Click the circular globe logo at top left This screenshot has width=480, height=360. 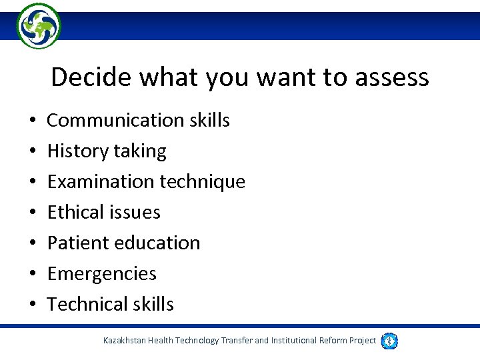(39, 26)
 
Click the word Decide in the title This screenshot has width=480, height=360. (91, 77)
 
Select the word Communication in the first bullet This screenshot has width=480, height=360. (111, 120)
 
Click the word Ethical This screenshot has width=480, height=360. (74, 212)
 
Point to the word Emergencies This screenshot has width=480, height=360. (101, 274)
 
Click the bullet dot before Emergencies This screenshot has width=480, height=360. (32, 274)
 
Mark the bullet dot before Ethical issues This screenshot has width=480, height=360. (32, 213)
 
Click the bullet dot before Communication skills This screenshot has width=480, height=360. (32, 121)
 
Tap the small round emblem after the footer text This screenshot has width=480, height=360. (390, 341)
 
